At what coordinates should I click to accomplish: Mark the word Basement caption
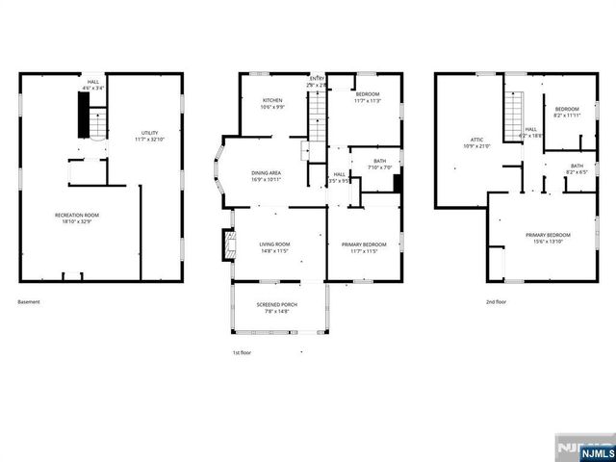tap(30, 301)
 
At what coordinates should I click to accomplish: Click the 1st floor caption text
tap(243, 353)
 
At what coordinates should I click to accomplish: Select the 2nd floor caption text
tap(497, 301)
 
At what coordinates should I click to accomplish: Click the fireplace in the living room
tap(227, 244)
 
